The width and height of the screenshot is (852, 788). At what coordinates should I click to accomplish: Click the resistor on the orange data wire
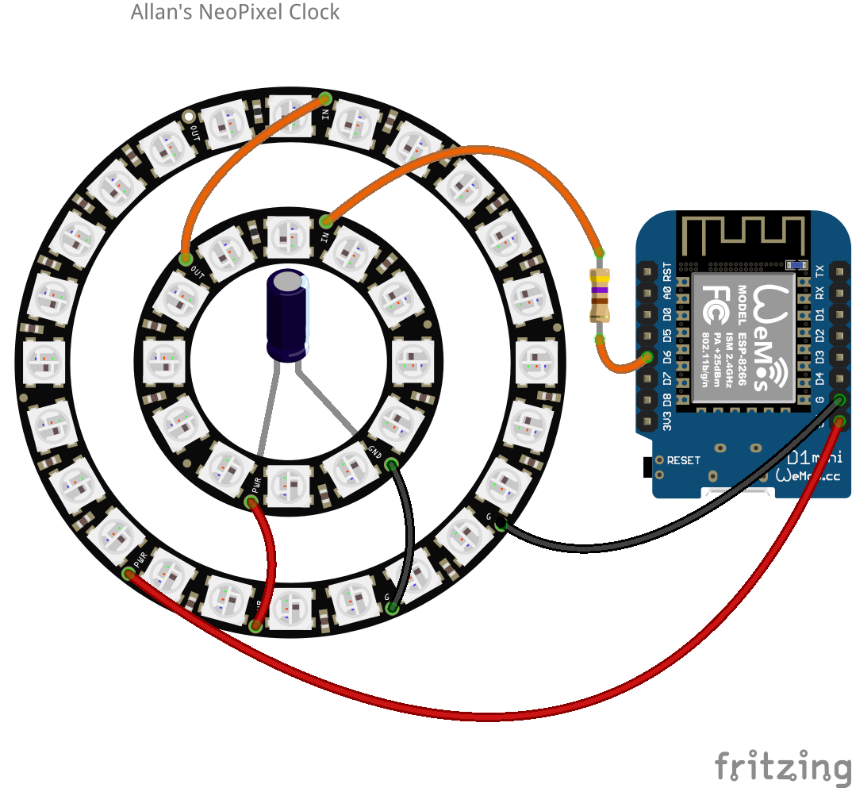coord(600,295)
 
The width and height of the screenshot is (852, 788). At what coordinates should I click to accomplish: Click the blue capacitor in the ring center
coord(288,315)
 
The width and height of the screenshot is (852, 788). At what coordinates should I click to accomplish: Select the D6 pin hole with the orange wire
coord(647,358)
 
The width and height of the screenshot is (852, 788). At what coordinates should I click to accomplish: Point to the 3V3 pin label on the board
coord(667,421)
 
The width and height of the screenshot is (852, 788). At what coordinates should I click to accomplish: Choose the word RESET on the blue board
coord(683,460)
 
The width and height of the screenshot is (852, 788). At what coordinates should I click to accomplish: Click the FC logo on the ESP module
coord(712,305)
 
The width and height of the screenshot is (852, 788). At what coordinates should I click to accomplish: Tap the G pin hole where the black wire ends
coord(839,400)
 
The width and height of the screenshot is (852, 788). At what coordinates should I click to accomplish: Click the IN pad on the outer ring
coord(325,99)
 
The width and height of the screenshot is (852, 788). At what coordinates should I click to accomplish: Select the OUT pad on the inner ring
coord(186,259)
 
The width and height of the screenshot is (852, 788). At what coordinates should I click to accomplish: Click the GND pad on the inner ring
coord(390,463)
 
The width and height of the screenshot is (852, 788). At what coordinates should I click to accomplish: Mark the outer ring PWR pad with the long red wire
coord(129,573)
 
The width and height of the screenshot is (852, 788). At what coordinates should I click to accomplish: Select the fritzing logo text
coord(781,766)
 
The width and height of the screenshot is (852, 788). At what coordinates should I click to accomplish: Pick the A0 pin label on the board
coord(667,293)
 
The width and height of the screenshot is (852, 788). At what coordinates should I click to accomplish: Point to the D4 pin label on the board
coord(819,379)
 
